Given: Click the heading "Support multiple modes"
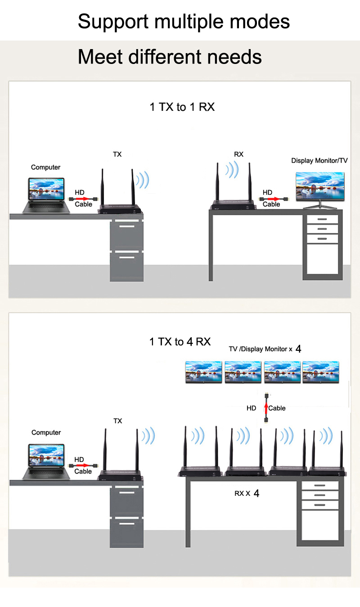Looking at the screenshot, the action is pyautogui.click(x=184, y=22).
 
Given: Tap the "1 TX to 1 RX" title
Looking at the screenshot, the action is pyautogui.click(x=182, y=107).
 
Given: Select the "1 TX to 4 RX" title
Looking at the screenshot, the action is pyautogui.click(x=180, y=342).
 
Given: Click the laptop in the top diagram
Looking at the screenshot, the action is pyautogui.click(x=46, y=195).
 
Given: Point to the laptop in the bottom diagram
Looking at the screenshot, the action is pyautogui.click(x=46, y=462).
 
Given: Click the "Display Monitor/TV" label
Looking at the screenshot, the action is pyautogui.click(x=319, y=161).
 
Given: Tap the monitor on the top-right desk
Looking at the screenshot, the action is pyautogui.click(x=320, y=190).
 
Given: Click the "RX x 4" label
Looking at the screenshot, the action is pyautogui.click(x=247, y=493).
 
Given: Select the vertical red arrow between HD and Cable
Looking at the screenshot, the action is pyautogui.click(x=266, y=408).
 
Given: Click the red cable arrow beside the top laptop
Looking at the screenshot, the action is pyautogui.click(x=83, y=199).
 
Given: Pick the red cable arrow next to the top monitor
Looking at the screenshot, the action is pyautogui.click(x=273, y=199).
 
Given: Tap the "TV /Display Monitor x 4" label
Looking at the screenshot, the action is pyautogui.click(x=265, y=349).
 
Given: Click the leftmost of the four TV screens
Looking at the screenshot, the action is pyautogui.click(x=204, y=372).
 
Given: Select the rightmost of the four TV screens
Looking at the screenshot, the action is pyautogui.click(x=321, y=372).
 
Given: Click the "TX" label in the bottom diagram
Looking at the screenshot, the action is pyautogui.click(x=118, y=421).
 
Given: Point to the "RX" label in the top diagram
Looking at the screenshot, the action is pyautogui.click(x=238, y=154).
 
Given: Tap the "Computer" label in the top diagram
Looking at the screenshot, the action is pyautogui.click(x=45, y=167).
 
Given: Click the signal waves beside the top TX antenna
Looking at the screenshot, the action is pyautogui.click(x=143, y=180).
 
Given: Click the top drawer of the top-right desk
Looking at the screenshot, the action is pyautogui.click(x=322, y=219).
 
